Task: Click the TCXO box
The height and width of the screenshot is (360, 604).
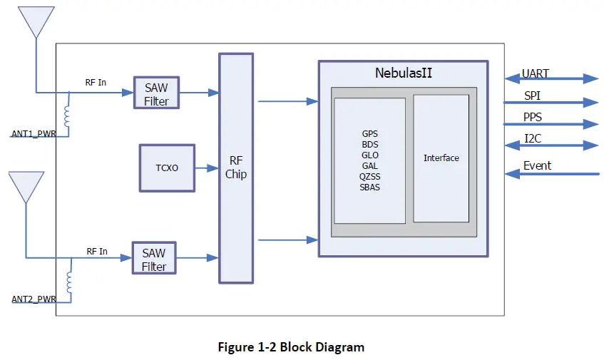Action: tap(167, 168)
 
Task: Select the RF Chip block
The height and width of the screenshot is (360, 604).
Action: tap(236, 168)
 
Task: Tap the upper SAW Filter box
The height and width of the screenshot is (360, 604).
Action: tap(156, 93)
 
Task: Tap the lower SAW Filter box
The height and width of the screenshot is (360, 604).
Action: tap(154, 258)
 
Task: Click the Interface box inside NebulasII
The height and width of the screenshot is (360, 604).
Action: tap(441, 158)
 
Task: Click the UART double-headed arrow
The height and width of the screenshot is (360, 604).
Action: tap(551, 79)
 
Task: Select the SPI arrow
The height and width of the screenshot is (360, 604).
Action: tap(551, 102)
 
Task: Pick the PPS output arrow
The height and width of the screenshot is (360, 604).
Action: tap(551, 124)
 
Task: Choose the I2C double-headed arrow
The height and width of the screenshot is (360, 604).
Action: tap(551, 145)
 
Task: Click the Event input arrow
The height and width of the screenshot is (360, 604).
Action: tap(551, 173)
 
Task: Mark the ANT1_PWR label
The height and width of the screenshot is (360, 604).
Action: tap(34, 133)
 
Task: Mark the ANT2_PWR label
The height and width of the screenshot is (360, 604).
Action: tap(34, 299)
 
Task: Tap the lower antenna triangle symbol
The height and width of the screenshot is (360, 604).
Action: tap(25, 187)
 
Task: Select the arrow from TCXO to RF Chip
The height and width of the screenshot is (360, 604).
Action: tap(207, 168)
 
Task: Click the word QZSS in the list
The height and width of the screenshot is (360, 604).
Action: tap(369, 177)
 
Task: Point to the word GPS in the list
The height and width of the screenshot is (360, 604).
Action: tap(369, 133)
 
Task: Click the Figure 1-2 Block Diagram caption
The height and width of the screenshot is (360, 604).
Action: tap(291, 348)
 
